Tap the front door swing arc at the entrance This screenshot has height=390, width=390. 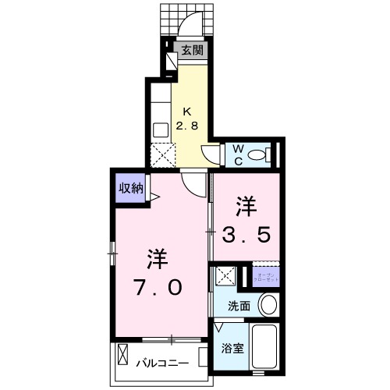[x=189, y=26]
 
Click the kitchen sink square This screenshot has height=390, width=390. [x=161, y=129]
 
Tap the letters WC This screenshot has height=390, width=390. [x=236, y=152]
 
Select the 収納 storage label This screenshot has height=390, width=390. [x=130, y=187]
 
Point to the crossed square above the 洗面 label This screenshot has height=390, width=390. [x=227, y=276]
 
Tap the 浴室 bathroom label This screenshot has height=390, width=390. [x=232, y=349]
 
